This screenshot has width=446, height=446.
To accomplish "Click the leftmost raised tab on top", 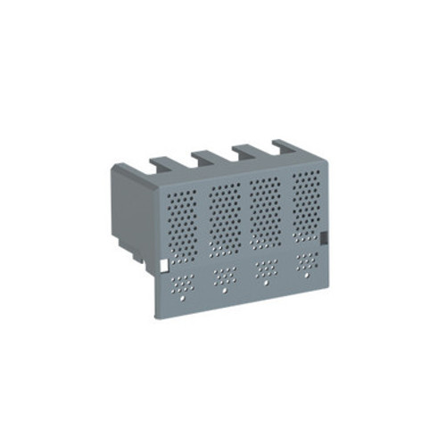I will point(161,164).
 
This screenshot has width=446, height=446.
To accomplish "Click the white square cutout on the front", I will point(162,265).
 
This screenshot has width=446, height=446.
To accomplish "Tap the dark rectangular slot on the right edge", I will point(325,238).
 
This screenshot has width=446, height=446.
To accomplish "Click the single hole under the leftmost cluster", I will point(185,299).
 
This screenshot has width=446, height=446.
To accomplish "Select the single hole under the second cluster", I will point(226,291).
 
